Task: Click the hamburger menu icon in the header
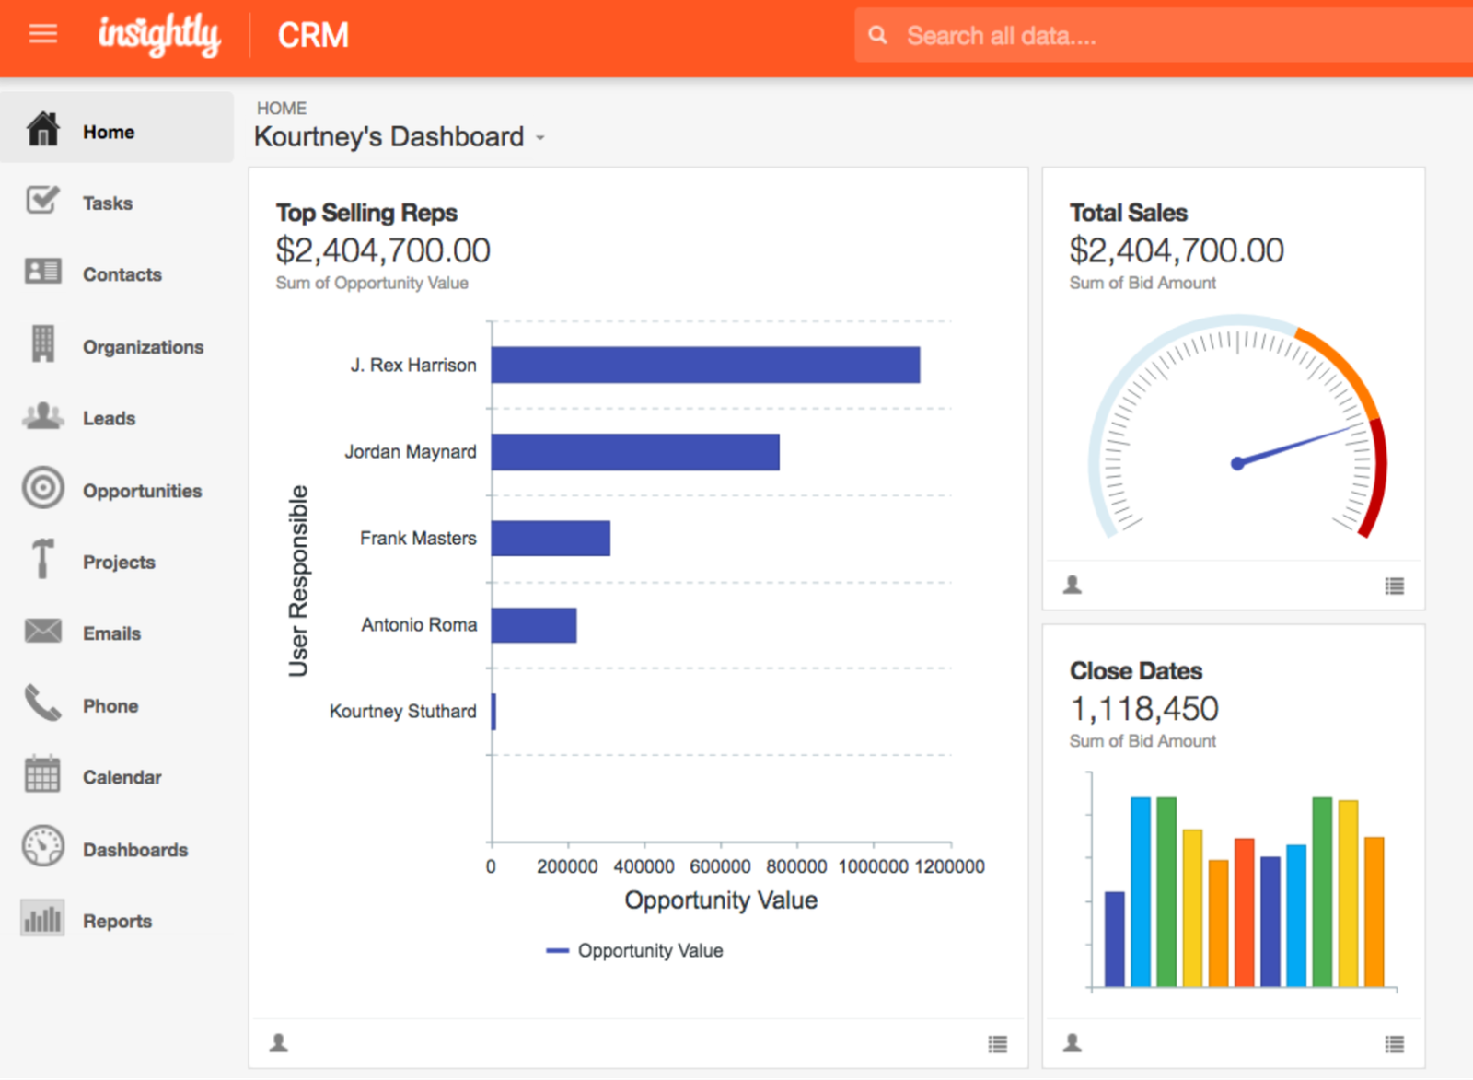(42, 34)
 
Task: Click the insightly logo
(159, 35)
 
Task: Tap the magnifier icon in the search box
(878, 35)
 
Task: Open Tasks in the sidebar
(107, 203)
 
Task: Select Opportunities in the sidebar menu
(142, 491)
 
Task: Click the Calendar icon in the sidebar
(42, 774)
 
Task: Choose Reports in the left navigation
(117, 921)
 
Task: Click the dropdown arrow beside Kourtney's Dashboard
(541, 138)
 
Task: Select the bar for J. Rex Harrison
(705, 365)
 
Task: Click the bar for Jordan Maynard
(635, 452)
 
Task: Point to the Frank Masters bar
(551, 539)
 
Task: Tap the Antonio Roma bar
(534, 625)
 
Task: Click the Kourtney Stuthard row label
(402, 712)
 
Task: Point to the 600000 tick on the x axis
(720, 866)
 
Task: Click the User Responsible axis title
(298, 581)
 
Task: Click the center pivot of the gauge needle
(1237, 463)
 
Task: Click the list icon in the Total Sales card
(1394, 586)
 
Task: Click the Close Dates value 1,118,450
(1143, 709)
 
